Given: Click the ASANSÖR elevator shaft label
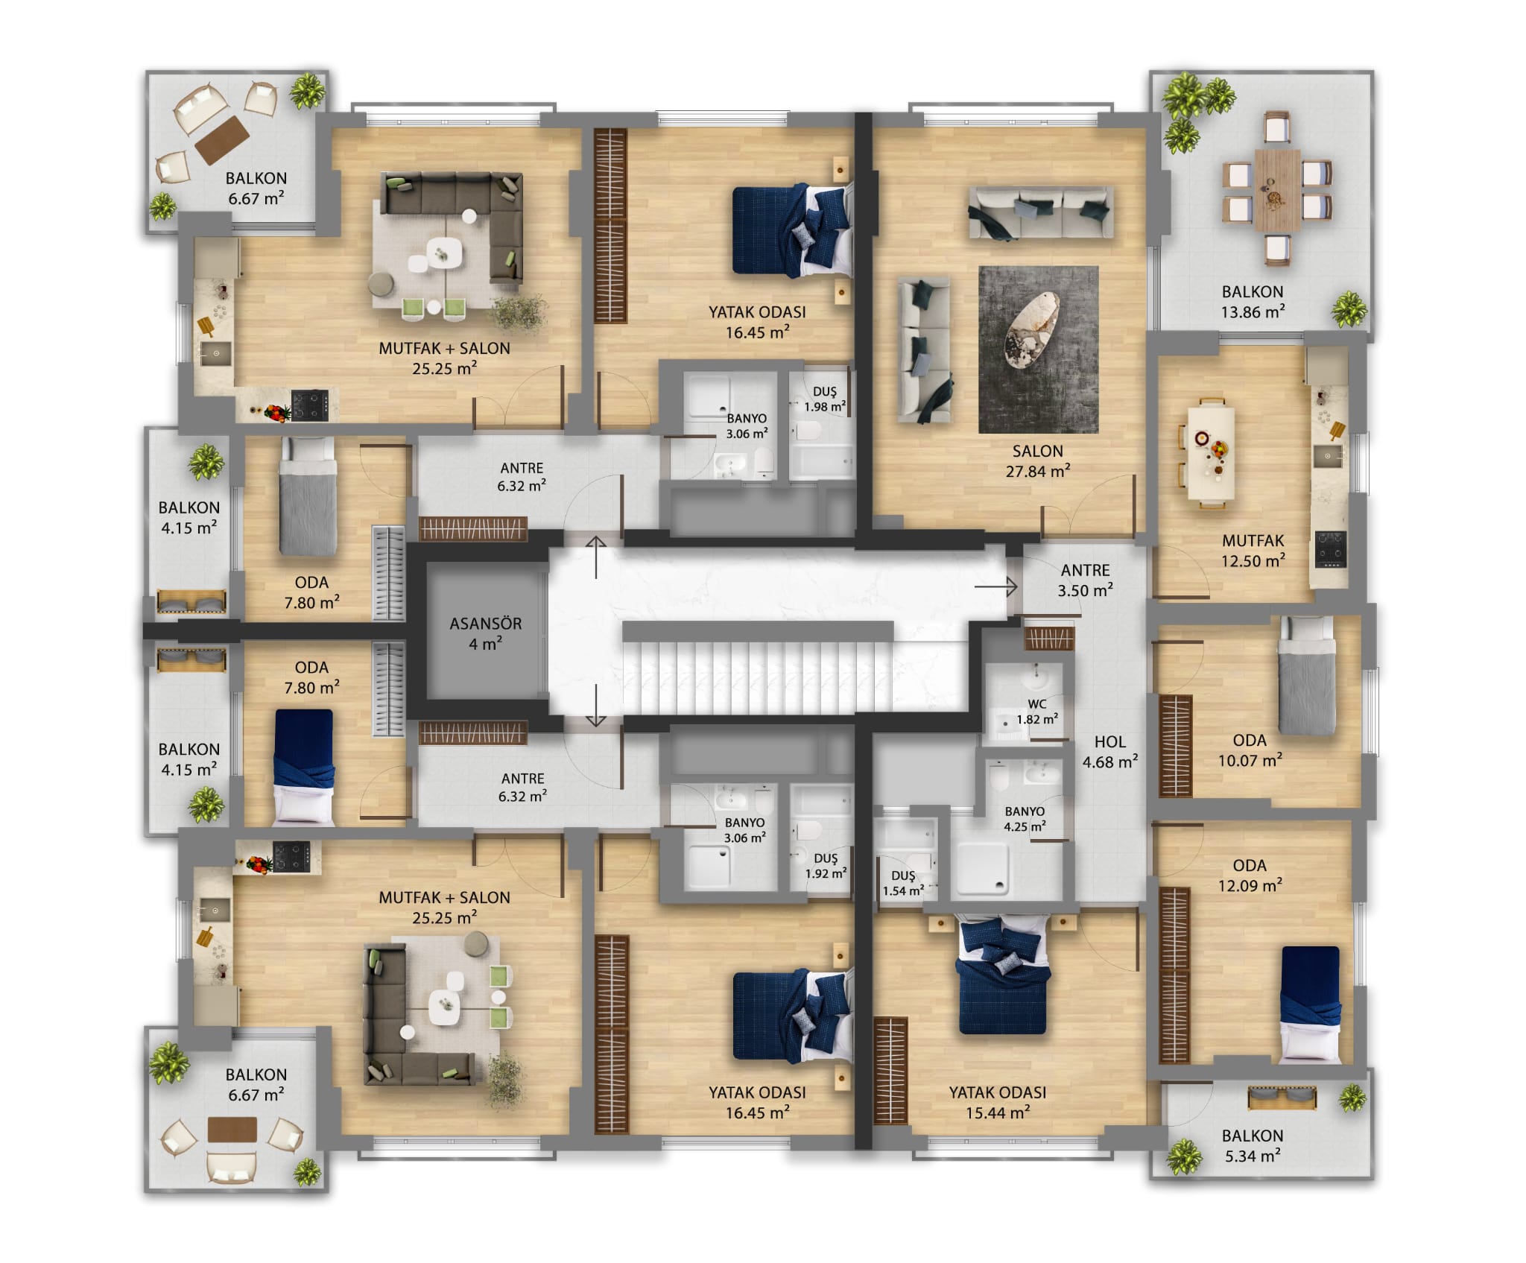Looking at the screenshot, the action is pyautogui.click(x=485, y=633).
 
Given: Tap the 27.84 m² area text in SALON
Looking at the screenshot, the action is pyautogui.click(x=1038, y=471).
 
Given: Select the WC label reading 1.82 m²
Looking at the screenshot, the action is pyautogui.click(x=1037, y=712).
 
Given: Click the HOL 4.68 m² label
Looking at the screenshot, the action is pyautogui.click(x=1109, y=752).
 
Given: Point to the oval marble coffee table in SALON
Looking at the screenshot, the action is pyautogui.click(x=1032, y=329).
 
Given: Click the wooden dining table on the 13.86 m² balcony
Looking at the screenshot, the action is pyautogui.click(x=1277, y=190).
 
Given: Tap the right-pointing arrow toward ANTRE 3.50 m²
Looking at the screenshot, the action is pyautogui.click(x=995, y=587).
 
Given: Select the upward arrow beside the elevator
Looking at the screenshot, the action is pyautogui.click(x=596, y=557).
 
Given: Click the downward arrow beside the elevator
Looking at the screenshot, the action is pyautogui.click(x=596, y=706).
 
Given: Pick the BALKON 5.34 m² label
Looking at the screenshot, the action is pyautogui.click(x=1253, y=1146).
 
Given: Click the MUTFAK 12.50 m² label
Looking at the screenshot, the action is pyautogui.click(x=1253, y=551).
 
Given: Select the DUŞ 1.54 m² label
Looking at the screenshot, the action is pyautogui.click(x=903, y=883).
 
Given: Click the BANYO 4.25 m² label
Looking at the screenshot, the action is pyautogui.click(x=1025, y=819).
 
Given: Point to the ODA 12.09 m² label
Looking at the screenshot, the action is pyautogui.click(x=1250, y=876).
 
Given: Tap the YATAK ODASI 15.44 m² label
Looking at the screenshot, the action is pyautogui.click(x=997, y=1102).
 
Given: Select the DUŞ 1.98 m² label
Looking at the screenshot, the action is pyautogui.click(x=825, y=399).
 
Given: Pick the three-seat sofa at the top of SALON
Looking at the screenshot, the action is pyautogui.click(x=1041, y=212).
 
